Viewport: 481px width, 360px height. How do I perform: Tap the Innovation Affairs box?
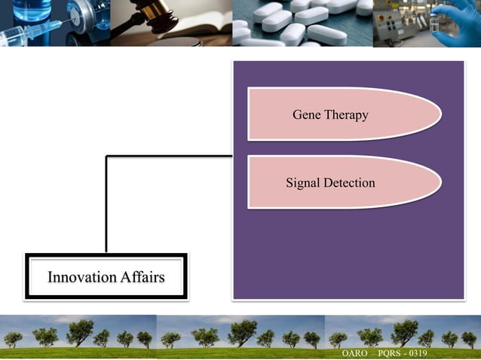coord(106,277)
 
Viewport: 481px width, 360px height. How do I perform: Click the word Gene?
coord(307,114)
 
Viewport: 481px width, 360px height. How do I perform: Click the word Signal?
coord(303,182)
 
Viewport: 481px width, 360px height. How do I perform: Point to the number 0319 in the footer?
coord(417,353)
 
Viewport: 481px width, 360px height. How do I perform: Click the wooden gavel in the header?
coord(151,15)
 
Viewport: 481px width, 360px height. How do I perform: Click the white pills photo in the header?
coord(302,23)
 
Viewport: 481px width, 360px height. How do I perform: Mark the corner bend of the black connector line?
coord(106,157)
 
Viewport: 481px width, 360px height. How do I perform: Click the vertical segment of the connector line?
coord(106,203)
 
